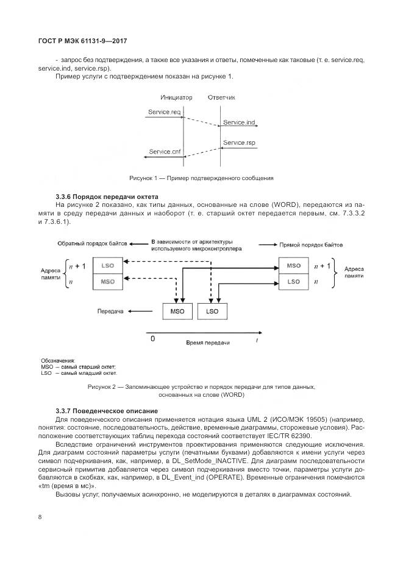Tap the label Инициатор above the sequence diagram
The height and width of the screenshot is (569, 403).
pyautogui.click(x=176, y=97)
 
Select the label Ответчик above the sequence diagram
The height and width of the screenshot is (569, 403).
pyautogui.click(x=221, y=97)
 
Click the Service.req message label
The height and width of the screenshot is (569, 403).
pyautogui.click(x=165, y=112)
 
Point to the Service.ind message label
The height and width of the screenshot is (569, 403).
pyautogui.click(x=238, y=123)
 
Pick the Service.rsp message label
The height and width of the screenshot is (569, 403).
pyautogui.click(x=238, y=143)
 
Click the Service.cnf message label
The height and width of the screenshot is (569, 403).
pyautogui.click(x=165, y=152)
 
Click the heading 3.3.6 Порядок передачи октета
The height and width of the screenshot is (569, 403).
pyautogui.click(x=107, y=197)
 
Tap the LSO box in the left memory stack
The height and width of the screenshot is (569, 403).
pyautogui.click(x=107, y=267)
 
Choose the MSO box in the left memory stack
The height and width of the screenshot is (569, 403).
pyautogui.click(x=107, y=282)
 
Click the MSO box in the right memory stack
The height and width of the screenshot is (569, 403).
pyautogui.click(x=294, y=266)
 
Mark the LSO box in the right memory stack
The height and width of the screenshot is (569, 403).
pyautogui.click(x=294, y=281)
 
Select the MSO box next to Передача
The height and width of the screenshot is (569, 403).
pyautogui.click(x=178, y=311)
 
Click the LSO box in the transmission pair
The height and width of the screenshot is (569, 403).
pyautogui.click(x=212, y=311)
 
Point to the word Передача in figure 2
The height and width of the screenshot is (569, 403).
pyautogui.click(x=110, y=311)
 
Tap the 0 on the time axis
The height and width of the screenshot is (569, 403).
pyautogui.click(x=153, y=338)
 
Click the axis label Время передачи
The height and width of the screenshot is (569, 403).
pyautogui.click(x=207, y=343)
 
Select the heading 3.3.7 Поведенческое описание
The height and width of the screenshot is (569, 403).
pyautogui.click(x=106, y=411)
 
